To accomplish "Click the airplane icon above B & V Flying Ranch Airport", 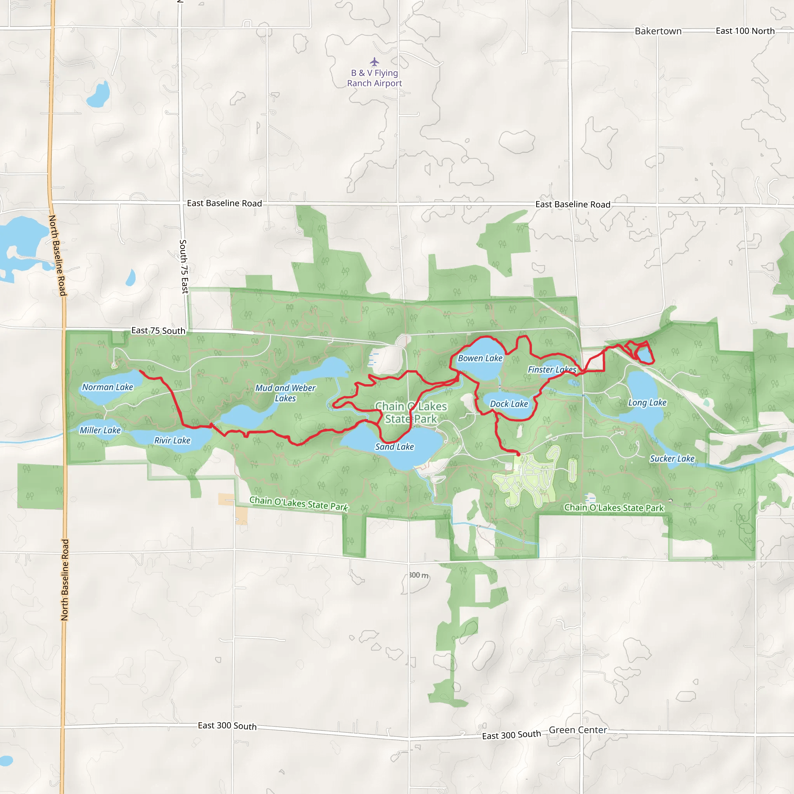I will [374, 62].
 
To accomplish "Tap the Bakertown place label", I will [658, 31].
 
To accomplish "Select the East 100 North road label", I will [745, 31].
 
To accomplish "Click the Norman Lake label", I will [108, 387].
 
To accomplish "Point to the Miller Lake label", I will [100, 430].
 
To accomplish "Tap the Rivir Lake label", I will [172, 440].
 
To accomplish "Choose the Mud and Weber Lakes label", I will [285, 393].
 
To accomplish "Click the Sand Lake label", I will [395, 447].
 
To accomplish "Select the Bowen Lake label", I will [480, 358].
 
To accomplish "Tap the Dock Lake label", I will [509, 404].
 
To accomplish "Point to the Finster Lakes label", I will [552, 370].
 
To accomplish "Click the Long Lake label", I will [647, 403].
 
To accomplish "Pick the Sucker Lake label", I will [672, 459].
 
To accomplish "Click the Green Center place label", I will [578, 730].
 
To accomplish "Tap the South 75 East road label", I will [184, 267].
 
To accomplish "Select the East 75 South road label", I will [158, 331].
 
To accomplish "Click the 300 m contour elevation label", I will [419, 575].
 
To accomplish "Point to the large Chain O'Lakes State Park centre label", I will [411, 413].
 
